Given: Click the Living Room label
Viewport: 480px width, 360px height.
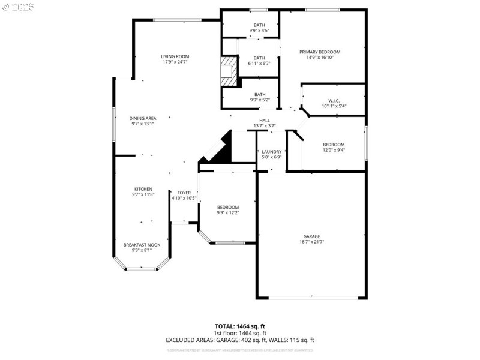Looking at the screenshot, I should (175, 56).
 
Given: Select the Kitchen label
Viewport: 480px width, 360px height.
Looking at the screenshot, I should (143, 189).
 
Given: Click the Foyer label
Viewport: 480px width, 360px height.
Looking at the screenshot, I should (184, 193).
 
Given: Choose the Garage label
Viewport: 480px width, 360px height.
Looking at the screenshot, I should (311, 236).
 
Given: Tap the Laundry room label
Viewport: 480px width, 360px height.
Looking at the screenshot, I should (272, 152).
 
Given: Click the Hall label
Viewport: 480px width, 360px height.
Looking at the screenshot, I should (264, 121).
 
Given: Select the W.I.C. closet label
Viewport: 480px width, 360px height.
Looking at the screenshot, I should (334, 100).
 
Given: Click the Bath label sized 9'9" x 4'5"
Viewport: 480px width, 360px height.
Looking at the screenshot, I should (259, 25).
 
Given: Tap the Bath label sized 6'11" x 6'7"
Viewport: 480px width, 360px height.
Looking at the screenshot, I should (259, 58).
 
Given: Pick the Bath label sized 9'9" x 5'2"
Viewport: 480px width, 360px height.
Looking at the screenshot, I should (260, 94).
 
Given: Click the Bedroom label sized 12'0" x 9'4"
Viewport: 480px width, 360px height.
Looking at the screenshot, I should (334, 145).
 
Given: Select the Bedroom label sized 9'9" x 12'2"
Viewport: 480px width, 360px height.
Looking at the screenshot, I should (228, 207).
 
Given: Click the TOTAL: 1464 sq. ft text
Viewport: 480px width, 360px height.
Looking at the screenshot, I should (240, 326).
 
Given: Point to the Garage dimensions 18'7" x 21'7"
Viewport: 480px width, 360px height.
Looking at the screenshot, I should (311, 242).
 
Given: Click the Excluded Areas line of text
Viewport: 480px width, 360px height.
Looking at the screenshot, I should (240, 340).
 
